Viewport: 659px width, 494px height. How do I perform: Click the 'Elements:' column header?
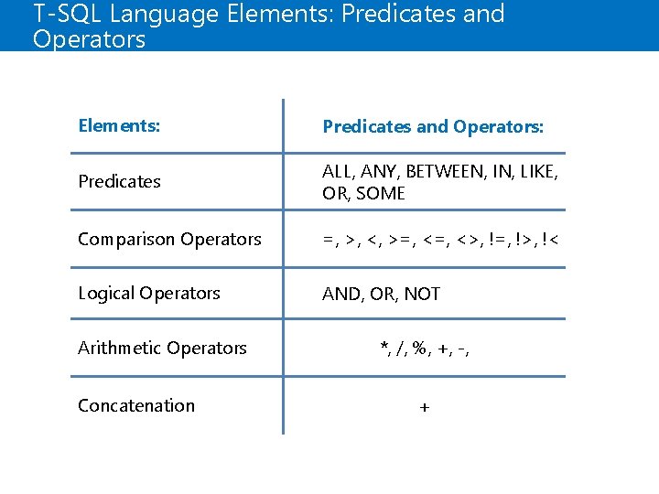pyautogui.click(x=119, y=125)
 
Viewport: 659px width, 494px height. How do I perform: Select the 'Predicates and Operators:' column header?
pyautogui.click(x=433, y=126)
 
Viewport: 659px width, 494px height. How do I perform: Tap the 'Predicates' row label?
pyautogui.click(x=119, y=181)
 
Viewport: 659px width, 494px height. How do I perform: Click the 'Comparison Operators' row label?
pyautogui.click(x=169, y=239)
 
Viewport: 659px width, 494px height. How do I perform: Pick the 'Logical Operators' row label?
pyautogui.click(x=149, y=293)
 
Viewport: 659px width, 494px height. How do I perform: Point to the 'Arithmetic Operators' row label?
pyautogui.click(x=162, y=348)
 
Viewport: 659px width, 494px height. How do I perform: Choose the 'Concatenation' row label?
pyautogui.click(x=136, y=405)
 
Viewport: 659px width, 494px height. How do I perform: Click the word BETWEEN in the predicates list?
pyautogui.click(x=444, y=171)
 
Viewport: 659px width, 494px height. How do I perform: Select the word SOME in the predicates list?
pyautogui.click(x=381, y=193)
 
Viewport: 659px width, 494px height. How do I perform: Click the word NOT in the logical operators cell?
pyautogui.click(x=422, y=294)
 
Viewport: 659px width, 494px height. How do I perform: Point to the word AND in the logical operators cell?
pyautogui.click(x=340, y=294)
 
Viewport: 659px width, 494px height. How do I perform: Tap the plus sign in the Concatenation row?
pyautogui.click(x=424, y=408)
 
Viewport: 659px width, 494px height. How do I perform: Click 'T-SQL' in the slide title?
pyautogui.click(x=64, y=14)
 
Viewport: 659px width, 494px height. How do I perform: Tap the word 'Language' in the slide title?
pyautogui.click(x=158, y=16)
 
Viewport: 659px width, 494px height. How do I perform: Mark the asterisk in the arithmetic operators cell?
pyautogui.click(x=384, y=347)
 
